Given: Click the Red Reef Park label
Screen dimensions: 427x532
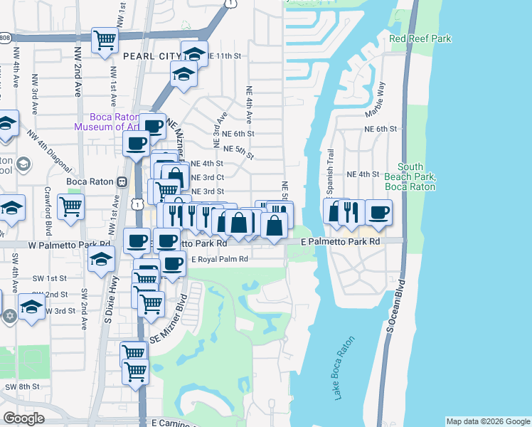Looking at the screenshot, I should click(420, 38).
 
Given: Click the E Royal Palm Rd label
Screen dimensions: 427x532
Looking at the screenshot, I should click(219, 260).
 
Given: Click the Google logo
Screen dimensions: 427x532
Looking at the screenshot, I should click(23, 418).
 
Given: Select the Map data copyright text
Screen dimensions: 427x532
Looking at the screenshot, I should click(488, 421).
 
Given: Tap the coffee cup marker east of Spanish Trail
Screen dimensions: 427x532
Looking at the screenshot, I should click(379, 211).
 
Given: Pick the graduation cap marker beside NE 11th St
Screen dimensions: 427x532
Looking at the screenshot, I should click(194, 53).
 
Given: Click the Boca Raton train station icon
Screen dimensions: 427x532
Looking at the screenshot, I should click(122, 181).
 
